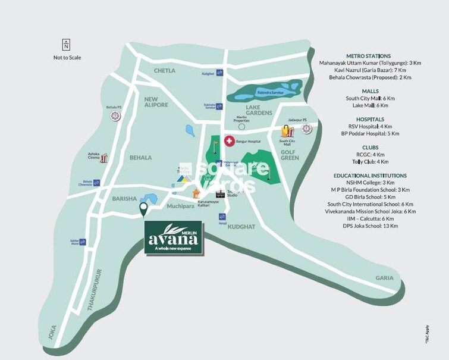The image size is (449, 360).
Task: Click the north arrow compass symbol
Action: [x=66, y=44]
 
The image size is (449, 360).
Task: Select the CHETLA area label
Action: [x=165, y=71]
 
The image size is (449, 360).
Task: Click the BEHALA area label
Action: [x=140, y=158]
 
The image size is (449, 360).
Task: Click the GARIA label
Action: [x=385, y=278]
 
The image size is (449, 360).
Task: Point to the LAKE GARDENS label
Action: [x=259, y=109]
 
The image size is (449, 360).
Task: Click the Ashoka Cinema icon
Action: [x=105, y=158]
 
